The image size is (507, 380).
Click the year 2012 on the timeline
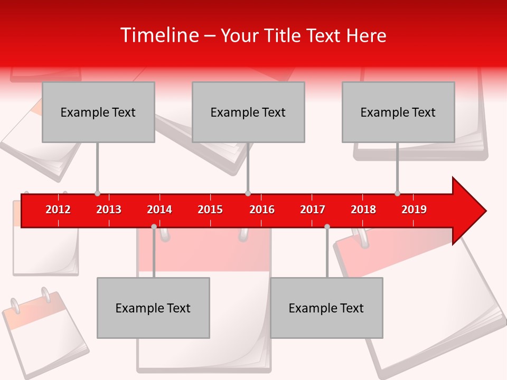coord(58,210)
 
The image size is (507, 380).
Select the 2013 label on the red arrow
coord(109,210)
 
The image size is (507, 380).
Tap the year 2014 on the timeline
coord(159,210)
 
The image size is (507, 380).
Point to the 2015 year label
coord(210,210)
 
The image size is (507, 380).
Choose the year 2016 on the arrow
coord(262,210)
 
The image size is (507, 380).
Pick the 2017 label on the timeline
coord(313,210)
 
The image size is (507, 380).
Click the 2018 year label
coord(363,210)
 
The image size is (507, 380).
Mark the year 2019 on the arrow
coord(414,210)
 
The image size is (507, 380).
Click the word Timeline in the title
coord(159,35)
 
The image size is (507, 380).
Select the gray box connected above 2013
coord(98,112)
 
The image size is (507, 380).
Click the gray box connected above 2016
coord(248,112)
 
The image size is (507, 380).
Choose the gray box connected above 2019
coord(398,112)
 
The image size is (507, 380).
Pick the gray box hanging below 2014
coord(153,308)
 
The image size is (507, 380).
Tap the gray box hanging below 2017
coord(326,308)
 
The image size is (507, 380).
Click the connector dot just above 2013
coord(97,194)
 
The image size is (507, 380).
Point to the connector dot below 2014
coord(154,226)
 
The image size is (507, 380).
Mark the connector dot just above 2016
coord(248,194)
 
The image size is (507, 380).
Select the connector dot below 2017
coord(327,226)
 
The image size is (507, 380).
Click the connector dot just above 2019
coord(397,194)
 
